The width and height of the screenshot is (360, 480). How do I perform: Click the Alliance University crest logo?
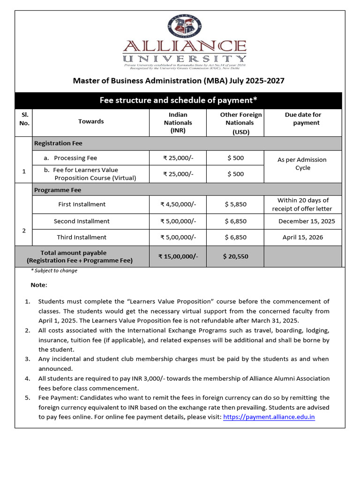click(x=184, y=26)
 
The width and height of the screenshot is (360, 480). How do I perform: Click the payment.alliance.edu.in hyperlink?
click(x=269, y=417)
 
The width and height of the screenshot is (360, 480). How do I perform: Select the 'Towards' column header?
click(x=91, y=121)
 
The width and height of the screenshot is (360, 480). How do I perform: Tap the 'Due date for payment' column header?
click(x=303, y=119)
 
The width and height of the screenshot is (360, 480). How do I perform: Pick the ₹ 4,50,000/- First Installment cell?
click(x=178, y=204)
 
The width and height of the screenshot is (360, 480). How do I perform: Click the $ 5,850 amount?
click(x=235, y=204)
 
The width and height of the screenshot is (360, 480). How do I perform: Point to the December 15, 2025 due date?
click(x=307, y=221)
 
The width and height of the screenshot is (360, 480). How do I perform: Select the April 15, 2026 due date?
click(x=303, y=237)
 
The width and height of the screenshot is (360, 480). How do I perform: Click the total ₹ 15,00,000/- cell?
click(x=178, y=256)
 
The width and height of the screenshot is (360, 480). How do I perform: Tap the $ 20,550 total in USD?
click(x=235, y=256)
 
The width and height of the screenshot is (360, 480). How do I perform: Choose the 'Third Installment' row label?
click(x=82, y=237)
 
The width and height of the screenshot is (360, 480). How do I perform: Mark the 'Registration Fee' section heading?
click(x=58, y=143)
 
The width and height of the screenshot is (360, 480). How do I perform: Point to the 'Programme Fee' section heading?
click(x=58, y=190)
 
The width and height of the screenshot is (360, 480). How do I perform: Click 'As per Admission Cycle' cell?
click(x=302, y=164)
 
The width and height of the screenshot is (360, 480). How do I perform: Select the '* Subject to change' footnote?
click(x=54, y=270)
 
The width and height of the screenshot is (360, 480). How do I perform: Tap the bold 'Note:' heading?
click(x=39, y=285)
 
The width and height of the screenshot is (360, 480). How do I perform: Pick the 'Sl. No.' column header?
click(x=24, y=119)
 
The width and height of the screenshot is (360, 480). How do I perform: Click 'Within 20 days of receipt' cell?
click(x=303, y=204)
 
